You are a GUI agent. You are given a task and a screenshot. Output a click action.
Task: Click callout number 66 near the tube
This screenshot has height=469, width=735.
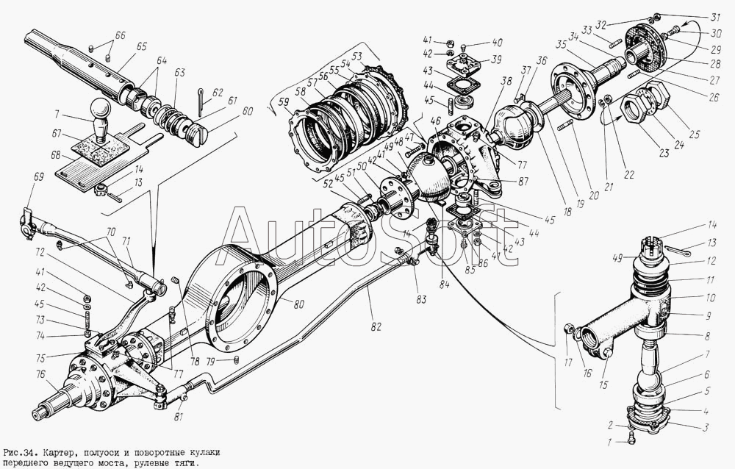[121, 35]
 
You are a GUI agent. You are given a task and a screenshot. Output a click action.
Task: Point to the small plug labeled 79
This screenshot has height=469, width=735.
[237, 359]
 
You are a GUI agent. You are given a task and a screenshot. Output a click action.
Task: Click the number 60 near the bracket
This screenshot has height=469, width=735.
[248, 111]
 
